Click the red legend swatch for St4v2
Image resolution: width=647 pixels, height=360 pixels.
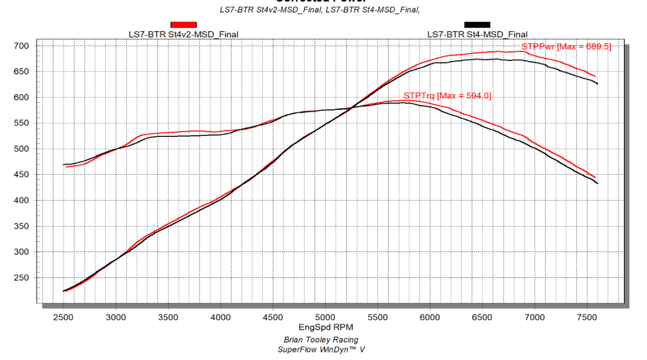(x=183, y=24)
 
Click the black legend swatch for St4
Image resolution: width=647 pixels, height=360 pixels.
(x=477, y=24)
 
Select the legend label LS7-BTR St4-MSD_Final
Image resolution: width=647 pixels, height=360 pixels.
(x=477, y=34)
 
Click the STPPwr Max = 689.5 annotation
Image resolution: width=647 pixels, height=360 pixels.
(x=566, y=47)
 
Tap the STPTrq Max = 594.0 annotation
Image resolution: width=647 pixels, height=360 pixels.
(x=448, y=96)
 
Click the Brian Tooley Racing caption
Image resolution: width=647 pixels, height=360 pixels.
(x=321, y=340)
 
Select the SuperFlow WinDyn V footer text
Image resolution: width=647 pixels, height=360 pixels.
(x=321, y=349)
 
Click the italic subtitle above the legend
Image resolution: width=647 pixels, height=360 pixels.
(x=320, y=10)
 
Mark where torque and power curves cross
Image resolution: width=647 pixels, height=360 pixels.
(x=352, y=107)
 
